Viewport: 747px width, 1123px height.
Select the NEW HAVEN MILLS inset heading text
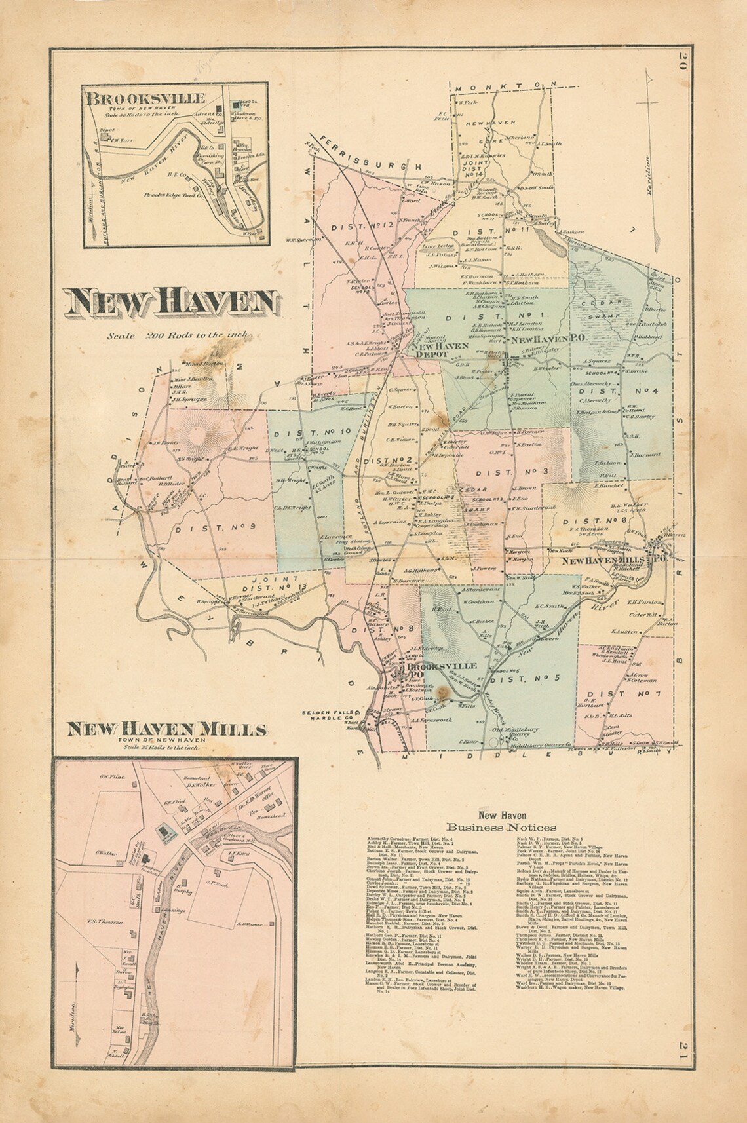tap(168, 729)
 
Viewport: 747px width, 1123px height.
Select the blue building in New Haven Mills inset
tap(163, 832)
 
